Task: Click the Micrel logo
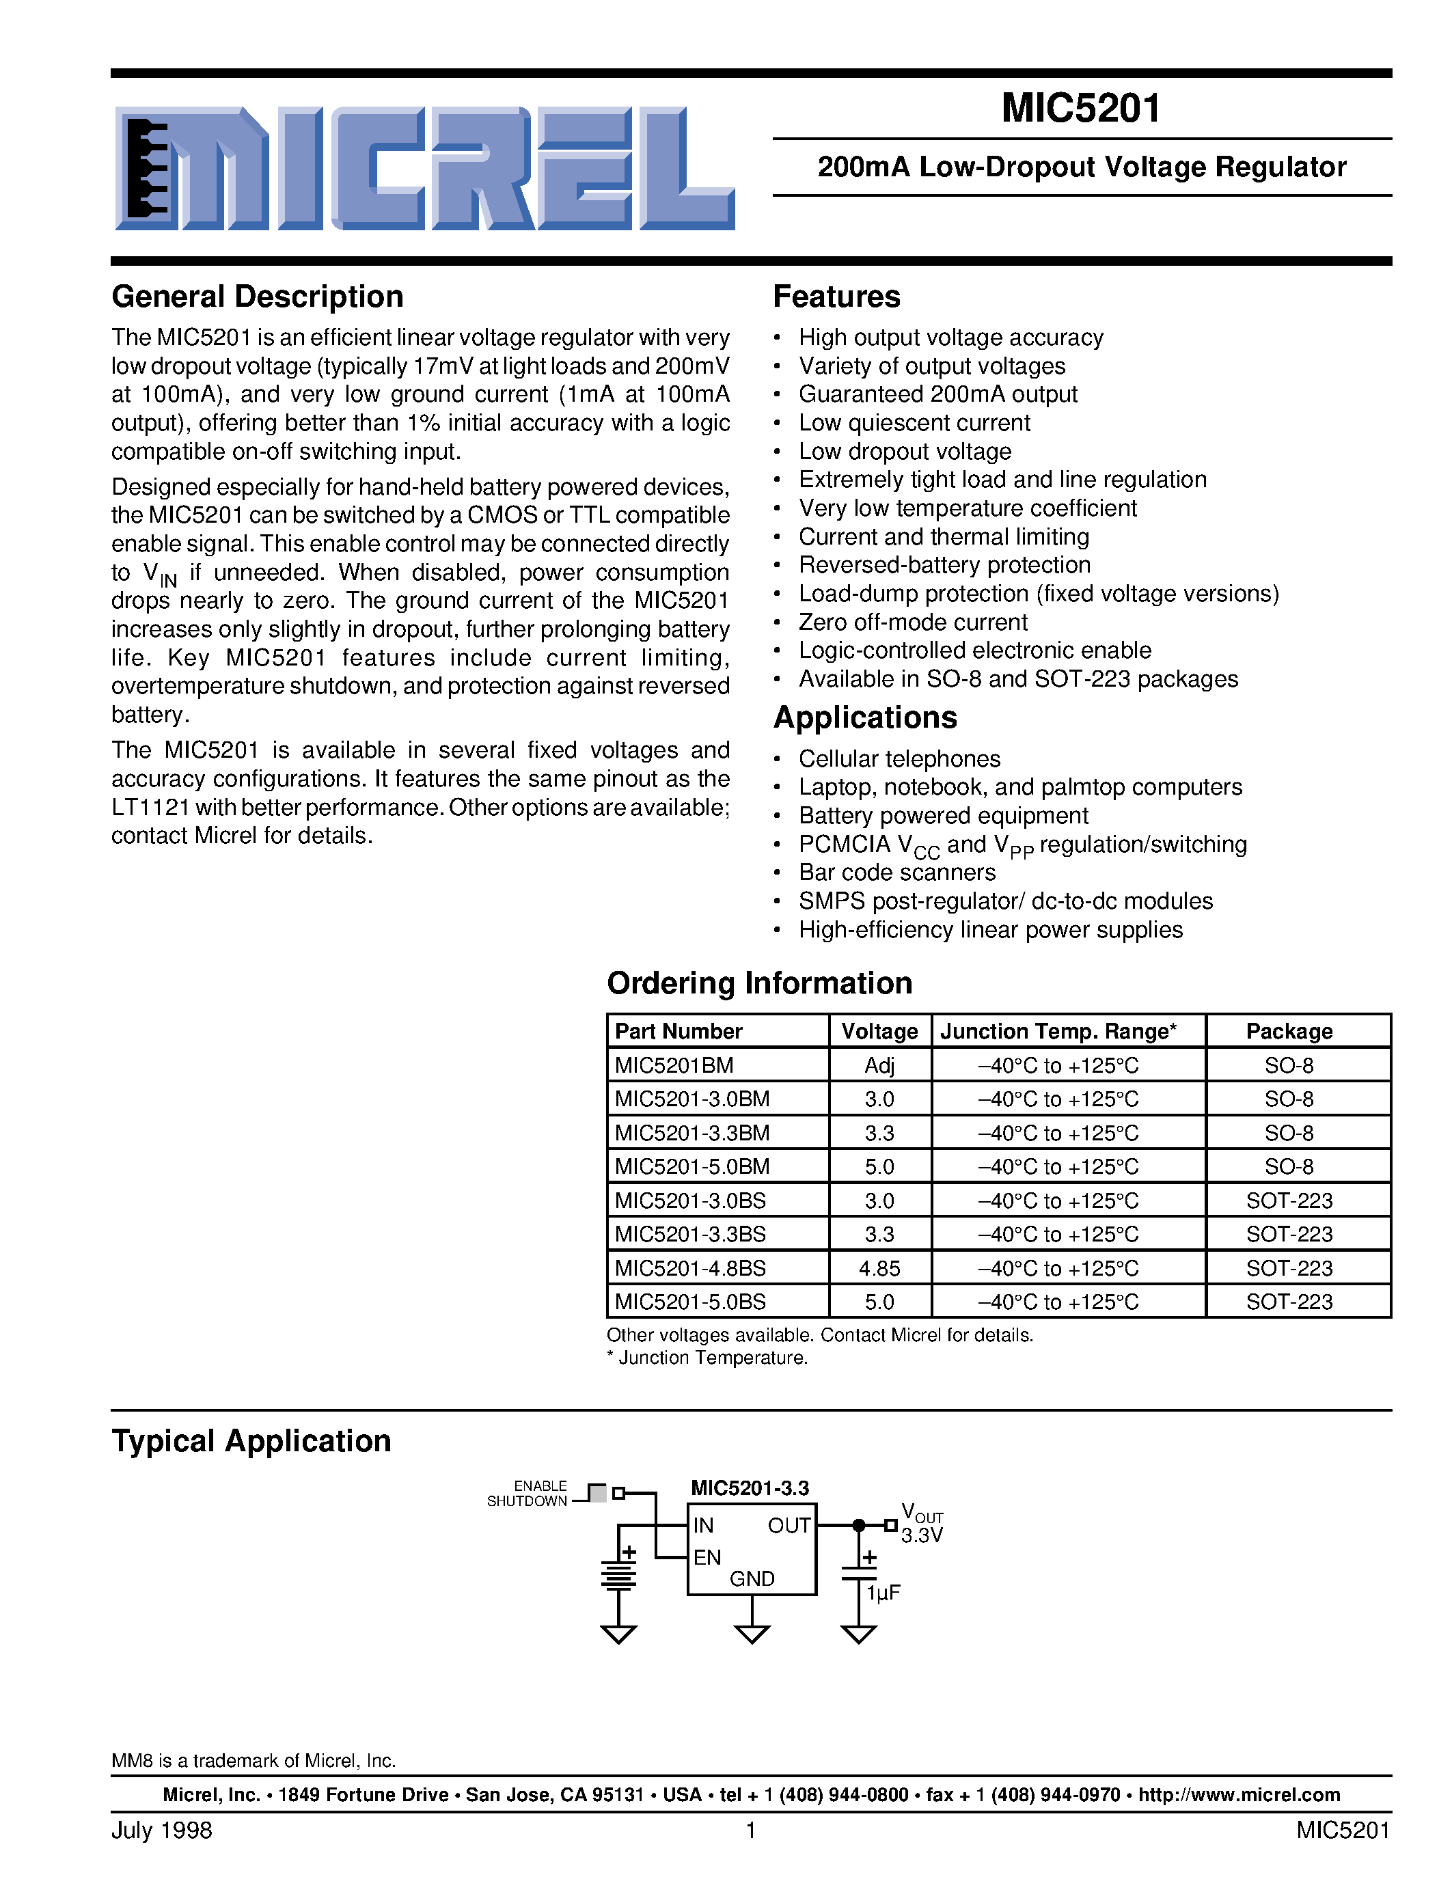[424, 169]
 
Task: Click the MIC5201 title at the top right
[1080, 109]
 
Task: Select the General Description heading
[257, 297]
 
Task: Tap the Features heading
[836, 297]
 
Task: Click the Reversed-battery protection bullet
[944, 565]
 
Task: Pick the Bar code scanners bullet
[896, 873]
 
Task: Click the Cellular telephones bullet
[899, 759]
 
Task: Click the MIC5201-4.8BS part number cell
[690, 1268]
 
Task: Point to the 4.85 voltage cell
[879, 1268]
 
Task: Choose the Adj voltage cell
[879, 1065]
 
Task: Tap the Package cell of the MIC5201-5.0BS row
[1289, 1302]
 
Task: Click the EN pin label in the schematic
[707, 1557]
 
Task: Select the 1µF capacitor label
[883, 1593]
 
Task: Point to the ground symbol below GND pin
[752, 1633]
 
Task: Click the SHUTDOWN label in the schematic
[526, 1501]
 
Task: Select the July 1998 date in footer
[162, 1830]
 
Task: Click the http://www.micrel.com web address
[1239, 1795]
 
